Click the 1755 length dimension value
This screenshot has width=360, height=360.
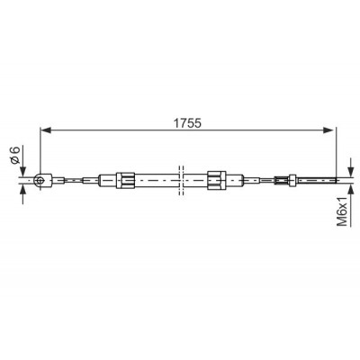(x=188, y=122)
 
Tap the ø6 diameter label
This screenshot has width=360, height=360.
(x=15, y=155)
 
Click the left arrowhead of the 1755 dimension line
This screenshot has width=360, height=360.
(x=46, y=130)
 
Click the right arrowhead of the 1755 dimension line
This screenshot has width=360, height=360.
(x=328, y=130)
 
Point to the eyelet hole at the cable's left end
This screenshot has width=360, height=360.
(x=40, y=180)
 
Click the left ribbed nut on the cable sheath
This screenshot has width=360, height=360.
(x=125, y=180)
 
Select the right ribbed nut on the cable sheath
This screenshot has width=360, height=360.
(x=216, y=180)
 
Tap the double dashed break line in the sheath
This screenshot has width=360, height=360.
(x=181, y=180)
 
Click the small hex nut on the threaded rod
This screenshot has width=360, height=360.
(x=292, y=180)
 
